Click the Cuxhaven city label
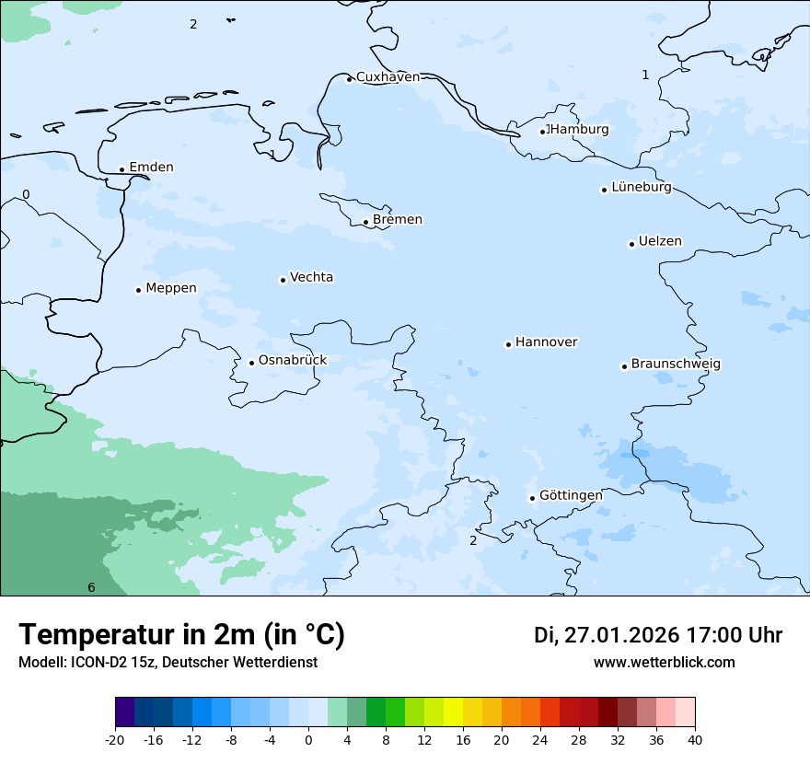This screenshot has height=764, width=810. pyautogui.click(x=388, y=77)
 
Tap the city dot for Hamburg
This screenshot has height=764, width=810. pyautogui.click(x=543, y=132)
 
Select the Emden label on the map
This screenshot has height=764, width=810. pyautogui.click(x=151, y=168)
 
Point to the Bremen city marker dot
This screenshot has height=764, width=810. pyautogui.click(x=365, y=222)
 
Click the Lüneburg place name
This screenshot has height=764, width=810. pyautogui.click(x=642, y=188)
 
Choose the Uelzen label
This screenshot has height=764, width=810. pyautogui.click(x=660, y=242)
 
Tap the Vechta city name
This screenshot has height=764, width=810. pyautogui.click(x=311, y=278)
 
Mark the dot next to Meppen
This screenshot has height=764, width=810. pyautogui.click(x=138, y=290)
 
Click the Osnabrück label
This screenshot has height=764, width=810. pyautogui.click(x=293, y=361)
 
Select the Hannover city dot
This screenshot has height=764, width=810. pyautogui.click(x=508, y=344)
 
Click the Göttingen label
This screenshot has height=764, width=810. pyautogui.click(x=571, y=496)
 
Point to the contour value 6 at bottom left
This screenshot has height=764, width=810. pyautogui.click(x=91, y=588)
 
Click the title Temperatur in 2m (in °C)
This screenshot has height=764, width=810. pyautogui.click(x=181, y=635)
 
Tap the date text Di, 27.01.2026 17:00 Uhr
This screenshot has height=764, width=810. pyautogui.click(x=658, y=635)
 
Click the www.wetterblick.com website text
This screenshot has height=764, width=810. pyautogui.click(x=664, y=663)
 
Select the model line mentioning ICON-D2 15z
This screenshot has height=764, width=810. pyautogui.click(x=168, y=663)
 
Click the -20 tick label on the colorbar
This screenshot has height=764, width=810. pyautogui.click(x=115, y=740)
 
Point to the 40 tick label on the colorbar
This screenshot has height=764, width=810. pyautogui.click(x=695, y=740)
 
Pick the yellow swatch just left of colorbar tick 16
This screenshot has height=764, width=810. pyautogui.click(x=453, y=712)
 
